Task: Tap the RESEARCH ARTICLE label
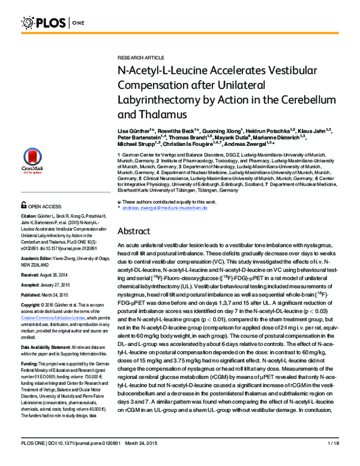(x=137, y=53)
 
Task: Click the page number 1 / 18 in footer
(x=334, y=459)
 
